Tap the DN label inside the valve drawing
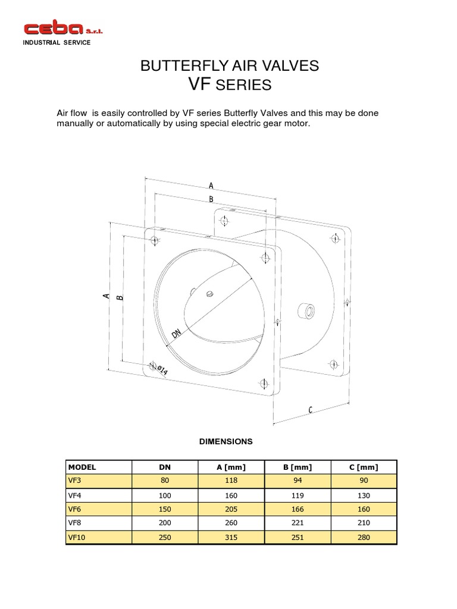tap(176, 334)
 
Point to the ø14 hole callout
tap(161, 371)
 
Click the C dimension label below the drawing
tap(310, 409)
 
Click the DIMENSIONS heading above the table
tap(226, 441)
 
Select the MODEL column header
tap(82, 467)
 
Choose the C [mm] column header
tap(364, 467)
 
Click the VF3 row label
tap(74, 481)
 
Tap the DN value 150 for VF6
tap(164, 509)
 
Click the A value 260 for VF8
tap(231, 523)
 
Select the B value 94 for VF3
tap(298, 481)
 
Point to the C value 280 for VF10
tap(364, 538)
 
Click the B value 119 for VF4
tap(298, 495)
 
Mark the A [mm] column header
tap(231, 467)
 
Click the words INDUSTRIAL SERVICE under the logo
tap(57, 43)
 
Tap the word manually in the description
tap(76, 124)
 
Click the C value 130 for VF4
tap(364, 495)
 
